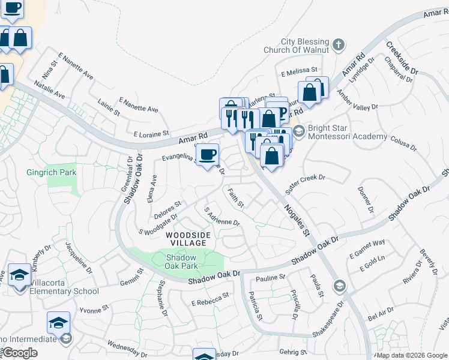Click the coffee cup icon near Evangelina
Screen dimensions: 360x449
tap(207, 155)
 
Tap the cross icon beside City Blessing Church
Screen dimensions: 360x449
tap(339, 45)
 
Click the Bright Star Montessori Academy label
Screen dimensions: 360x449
tap(347, 133)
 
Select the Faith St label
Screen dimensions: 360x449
tap(235, 198)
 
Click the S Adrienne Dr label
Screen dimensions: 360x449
tap(222, 217)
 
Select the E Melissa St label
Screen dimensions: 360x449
tap(298, 73)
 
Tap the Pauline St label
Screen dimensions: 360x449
tap(270, 278)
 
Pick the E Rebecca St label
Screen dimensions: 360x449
tap(209, 297)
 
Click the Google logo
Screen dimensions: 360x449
tap(20, 353)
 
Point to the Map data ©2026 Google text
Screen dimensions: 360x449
tap(412, 355)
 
